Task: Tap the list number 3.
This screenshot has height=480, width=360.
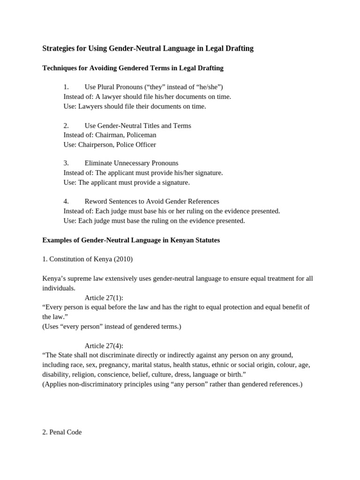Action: tap(66, 163)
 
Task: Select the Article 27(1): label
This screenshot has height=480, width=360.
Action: tap(104, 298)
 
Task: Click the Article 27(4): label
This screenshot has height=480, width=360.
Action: tap(104, 346)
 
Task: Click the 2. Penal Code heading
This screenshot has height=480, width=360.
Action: tap(62, 432)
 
